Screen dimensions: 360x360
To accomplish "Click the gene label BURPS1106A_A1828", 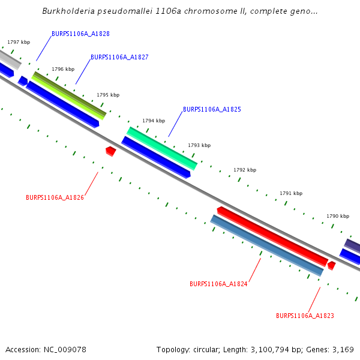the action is coord(80,34).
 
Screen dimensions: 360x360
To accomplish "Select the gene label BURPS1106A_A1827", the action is coord(119,58).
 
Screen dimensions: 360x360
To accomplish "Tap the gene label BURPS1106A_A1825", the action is coord(212,110).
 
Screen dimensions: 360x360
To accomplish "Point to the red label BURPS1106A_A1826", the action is coord(55,197).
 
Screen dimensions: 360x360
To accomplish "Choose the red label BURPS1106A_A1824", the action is coord(218,284).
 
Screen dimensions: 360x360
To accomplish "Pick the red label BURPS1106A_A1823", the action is coord(305,316).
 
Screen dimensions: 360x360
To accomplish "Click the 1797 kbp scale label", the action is coord(19,43).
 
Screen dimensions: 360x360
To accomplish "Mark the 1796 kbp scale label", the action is coord(63,69).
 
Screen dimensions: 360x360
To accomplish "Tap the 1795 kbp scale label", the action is coord(108,95).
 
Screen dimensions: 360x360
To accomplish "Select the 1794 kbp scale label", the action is coord(153,121).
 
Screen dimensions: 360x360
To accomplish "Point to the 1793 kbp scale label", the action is coord(199,145).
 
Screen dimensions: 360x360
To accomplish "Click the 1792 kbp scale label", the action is coord(245,170).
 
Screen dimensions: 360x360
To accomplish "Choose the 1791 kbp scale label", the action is coord(291,193).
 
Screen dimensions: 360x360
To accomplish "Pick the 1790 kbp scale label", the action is coord(338,216).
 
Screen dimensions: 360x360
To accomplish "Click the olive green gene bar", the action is coord(69,95).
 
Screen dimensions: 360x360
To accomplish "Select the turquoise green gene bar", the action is coord(162,148).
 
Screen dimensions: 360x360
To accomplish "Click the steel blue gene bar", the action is coord(267,245).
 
